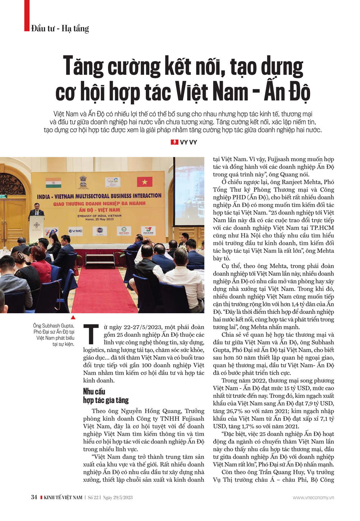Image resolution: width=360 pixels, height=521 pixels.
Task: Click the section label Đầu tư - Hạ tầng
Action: click(x=60, y=28)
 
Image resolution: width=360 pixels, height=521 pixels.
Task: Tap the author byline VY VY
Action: click(x=188, y=142)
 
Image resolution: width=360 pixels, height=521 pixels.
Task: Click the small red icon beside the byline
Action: click(x=175, y=142)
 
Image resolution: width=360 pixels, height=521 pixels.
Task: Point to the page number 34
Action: click(x=34, y=497)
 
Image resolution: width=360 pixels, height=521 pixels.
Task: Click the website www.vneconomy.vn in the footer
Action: click(x=313, y=498)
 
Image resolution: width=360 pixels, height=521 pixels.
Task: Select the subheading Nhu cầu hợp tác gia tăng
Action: click(x=105, y=396)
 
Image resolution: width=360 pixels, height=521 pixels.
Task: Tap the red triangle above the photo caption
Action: click(x=73, y=317)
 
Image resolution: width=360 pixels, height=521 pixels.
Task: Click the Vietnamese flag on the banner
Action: click(x=144, y=182)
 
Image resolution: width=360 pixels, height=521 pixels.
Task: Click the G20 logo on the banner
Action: click(x=112, y=182)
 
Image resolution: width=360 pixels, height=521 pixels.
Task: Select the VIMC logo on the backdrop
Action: click(x=76, y=231)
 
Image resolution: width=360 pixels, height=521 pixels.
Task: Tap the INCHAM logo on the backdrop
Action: click(x=148, y=230)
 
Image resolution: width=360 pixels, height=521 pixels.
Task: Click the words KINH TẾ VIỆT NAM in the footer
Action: click(x=63, y=498)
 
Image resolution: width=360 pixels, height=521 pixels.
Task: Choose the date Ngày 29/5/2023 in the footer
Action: click(x=118, y=498)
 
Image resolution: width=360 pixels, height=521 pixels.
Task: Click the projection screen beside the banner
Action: click(x=189, y=194)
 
